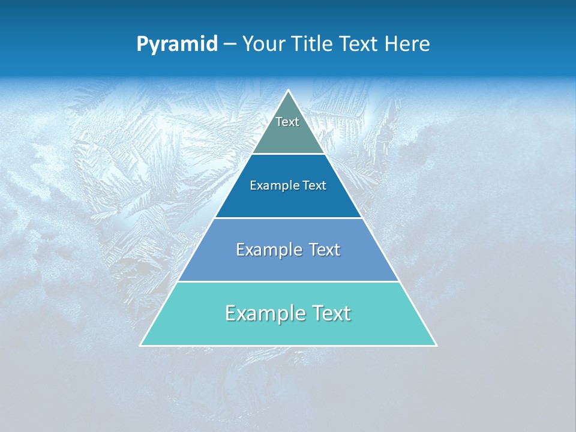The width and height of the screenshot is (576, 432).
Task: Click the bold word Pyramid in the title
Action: click(176, 44)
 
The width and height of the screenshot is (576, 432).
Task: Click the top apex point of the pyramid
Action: click(289, 91)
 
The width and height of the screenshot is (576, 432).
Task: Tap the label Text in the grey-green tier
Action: click(287, 122)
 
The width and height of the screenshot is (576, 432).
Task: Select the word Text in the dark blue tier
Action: click(315, 185)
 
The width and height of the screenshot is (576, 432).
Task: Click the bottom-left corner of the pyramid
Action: click(141, 345)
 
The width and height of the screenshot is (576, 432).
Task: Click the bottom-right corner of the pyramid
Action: click(436, 345)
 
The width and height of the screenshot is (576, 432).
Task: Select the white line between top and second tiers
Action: click(289, 154)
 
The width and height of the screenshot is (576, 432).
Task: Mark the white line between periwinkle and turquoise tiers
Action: click(289, 281)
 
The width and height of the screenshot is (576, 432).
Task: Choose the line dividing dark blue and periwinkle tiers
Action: click(289, 218)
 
